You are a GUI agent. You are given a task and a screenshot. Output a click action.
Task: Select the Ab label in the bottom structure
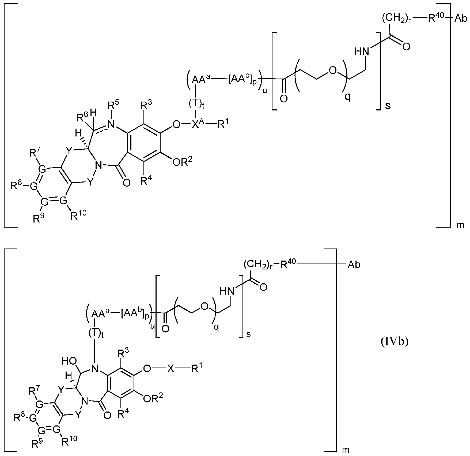point(354,265)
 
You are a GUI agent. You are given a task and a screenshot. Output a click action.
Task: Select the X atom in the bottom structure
point(170,369)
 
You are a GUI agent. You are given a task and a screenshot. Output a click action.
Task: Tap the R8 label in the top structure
point(16,186)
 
